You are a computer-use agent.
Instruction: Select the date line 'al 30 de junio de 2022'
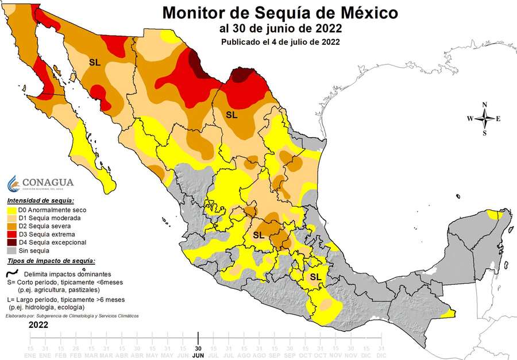pyautogui.click(x=280, y=28)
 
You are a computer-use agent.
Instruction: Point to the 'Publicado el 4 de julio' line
pyautogui.click(x=280, y=42)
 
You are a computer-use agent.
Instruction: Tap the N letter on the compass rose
pyautogui.click(x=485, y=104)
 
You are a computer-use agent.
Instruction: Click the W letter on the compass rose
pyautogui.click(x=470, y=119)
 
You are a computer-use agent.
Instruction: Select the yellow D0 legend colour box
pyautogui.click(x=11, y=210)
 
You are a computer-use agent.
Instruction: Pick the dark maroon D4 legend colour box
pyautogui.click(x=11, y=242)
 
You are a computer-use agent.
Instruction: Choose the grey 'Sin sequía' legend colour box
pyautogui.click(x=11, y=250)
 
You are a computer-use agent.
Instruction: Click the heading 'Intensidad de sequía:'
pyautogui.click(x=40, y=201)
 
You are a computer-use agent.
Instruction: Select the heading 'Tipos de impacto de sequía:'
pyautogui.click(x=51, y=261)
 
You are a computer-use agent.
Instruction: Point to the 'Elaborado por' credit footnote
pyautogui.click(x=72, y=316)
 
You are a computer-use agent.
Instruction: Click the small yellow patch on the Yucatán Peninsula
pyautogui.click(x=493, y=215)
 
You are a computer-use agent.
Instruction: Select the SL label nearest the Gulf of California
pyautogui.click(x=95, y=62)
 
